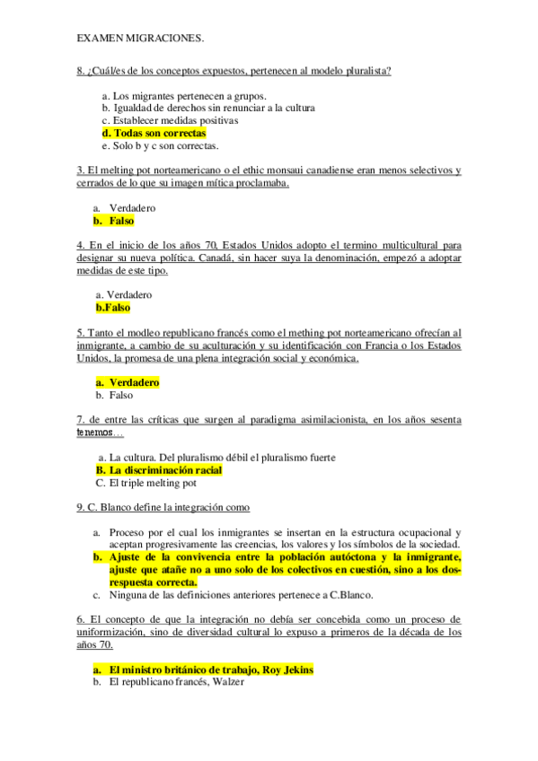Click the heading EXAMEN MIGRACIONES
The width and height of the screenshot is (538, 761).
pyautogui.click(x=140, y=38)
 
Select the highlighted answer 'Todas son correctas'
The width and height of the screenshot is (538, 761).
pyautogui.click(x=160, y=133)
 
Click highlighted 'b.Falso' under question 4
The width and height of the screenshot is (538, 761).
pyautogui.click(x=112, y=307)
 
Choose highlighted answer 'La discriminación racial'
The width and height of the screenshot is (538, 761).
pyautogui.click(x=164, y=469)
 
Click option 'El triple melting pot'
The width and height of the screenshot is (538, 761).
pyautogui.click(x=151, y=483)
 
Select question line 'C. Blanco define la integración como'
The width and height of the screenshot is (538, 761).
pyautogui.click(x=169, y=508)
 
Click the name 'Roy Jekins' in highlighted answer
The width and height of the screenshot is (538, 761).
pyautogui.click(x=287, y=669)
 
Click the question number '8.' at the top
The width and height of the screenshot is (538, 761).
pyautogui.click(x=82, y=71)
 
